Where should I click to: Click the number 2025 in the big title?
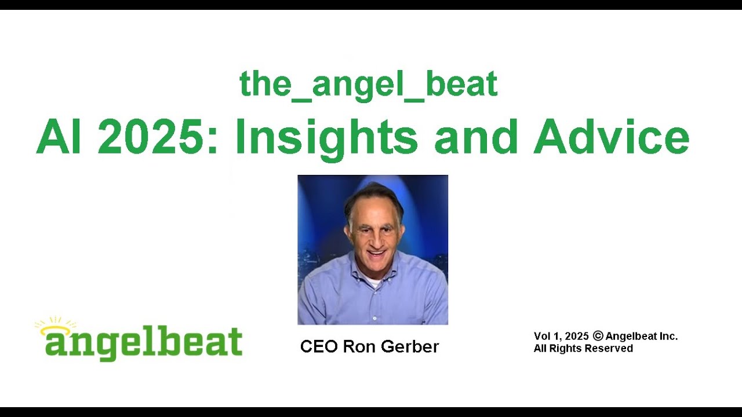click(158, 138)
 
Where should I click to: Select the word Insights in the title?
click(326, 138)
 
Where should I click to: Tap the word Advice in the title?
click(612, 138)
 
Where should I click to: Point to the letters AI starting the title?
click(59, 138)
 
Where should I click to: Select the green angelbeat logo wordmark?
click(144, 343)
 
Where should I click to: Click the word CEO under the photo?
click(319, 346)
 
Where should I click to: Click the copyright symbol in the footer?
click(598, 336)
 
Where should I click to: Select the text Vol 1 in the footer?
click(547, 336)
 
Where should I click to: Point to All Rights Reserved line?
click(583, 349)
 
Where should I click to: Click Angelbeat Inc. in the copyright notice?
click(641, 336)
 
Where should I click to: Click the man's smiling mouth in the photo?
click(375, 253)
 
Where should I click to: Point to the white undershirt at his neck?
click(373, 283)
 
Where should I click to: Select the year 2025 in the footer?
click(577, 336)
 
